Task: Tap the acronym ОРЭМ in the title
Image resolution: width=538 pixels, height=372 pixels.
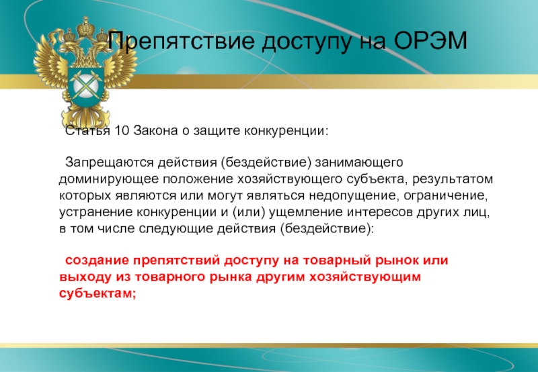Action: click(430, 40)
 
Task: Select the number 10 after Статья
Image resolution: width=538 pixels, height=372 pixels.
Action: click(122, 130)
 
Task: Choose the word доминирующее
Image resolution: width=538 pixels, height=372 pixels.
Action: click(109, 179)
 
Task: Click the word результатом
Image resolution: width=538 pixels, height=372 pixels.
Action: click(453, 179)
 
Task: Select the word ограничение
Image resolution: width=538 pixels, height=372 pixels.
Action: click(445, 196)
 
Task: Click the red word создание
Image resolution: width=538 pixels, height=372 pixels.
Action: click(97, 261)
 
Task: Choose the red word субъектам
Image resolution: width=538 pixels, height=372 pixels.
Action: click(98, 293)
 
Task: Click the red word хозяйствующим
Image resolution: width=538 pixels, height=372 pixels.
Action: click(365, 277)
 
